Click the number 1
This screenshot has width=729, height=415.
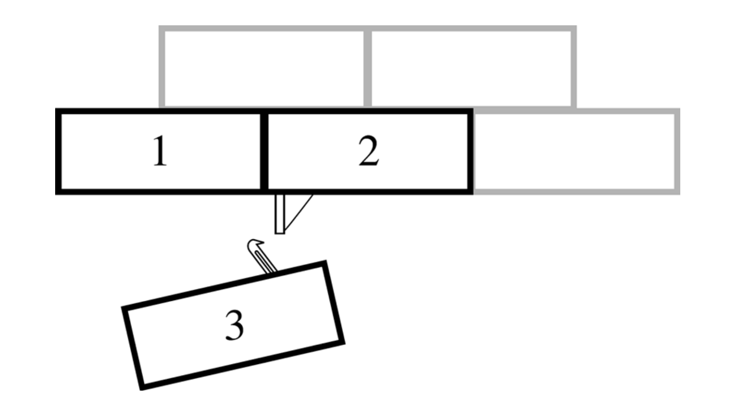point(159,151)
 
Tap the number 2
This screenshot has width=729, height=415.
point(369,151)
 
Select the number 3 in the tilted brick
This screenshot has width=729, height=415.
point(234,325)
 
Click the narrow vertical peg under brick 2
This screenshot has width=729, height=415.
point(279,214)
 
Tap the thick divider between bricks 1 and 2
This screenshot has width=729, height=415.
point(264,151)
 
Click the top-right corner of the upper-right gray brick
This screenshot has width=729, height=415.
point(574,28)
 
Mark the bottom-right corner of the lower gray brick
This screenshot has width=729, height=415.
point(678,191)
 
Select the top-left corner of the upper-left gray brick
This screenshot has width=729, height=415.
point(161,28)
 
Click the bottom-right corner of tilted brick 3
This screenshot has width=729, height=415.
point(342,342)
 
